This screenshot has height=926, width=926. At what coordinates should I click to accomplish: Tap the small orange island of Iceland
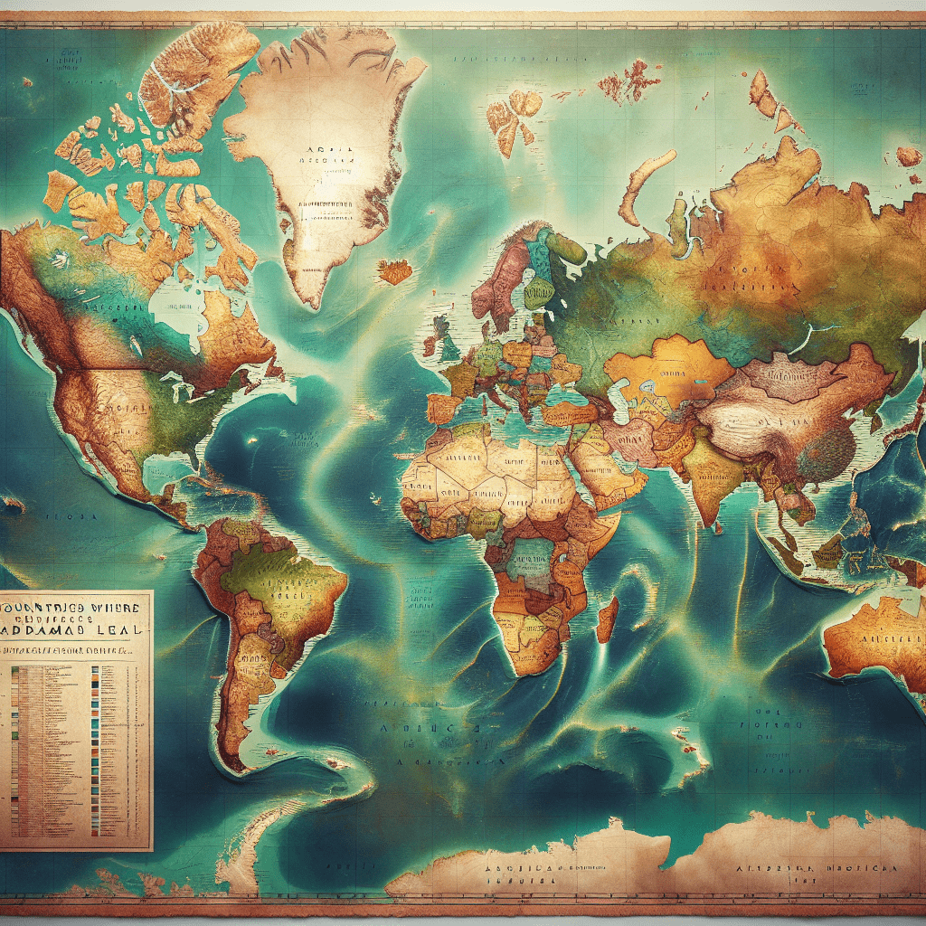pos(395,270)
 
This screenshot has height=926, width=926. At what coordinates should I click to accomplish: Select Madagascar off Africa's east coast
pos(608,619)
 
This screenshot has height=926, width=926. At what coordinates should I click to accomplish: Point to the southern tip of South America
pos(237,769)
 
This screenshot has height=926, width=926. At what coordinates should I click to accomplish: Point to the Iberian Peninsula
pos(443,407)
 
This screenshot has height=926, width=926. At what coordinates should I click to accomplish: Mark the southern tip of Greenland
pos(312,303)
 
